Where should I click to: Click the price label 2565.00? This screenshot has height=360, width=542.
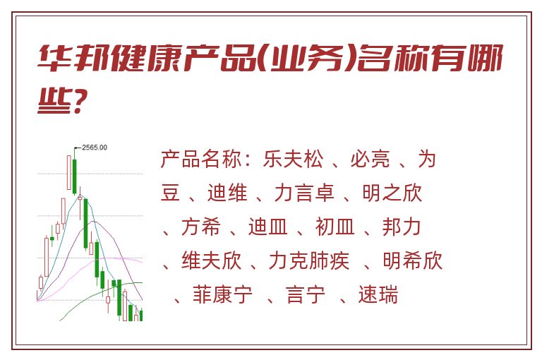point(95,148)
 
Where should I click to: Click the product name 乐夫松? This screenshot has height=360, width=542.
point(293,160)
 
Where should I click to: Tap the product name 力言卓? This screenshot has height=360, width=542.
point(304,193)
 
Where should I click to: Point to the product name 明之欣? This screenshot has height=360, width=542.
point(392,193)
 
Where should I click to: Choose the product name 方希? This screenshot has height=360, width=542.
point(201,227)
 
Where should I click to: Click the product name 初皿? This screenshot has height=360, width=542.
point(335,227)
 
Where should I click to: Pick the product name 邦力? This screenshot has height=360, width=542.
point(402,227)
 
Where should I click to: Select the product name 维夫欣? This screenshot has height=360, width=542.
point(211,260)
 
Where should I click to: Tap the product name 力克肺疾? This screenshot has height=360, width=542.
point(309,260)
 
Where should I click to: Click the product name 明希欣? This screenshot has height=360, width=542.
point(413,260)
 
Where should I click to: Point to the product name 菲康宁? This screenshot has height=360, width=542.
point(222,294)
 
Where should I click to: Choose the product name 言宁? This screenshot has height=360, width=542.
point(306,294)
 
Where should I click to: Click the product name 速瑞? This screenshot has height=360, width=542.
point(378,294)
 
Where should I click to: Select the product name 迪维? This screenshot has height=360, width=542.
point(227,193)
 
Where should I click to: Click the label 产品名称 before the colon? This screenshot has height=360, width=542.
point(201,160)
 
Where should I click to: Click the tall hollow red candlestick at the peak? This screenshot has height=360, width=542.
point(69,172)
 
